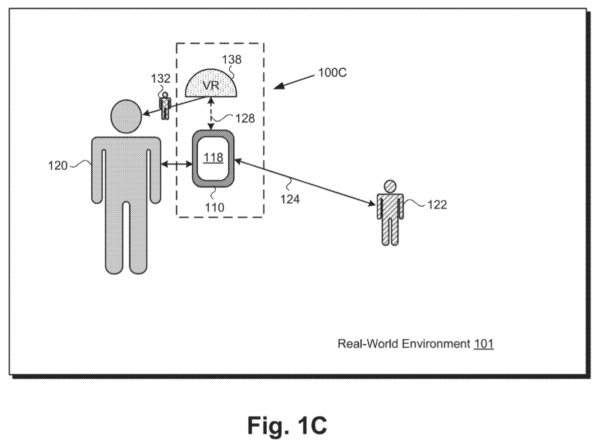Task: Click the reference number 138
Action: pos(231,59)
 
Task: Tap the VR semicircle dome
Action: pos(211,84)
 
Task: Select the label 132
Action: pos(160,78)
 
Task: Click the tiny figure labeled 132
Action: pos(165,106)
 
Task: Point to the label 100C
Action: pos(332,73)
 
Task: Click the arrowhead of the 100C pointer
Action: pos(278,86)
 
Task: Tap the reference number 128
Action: pos(245,118)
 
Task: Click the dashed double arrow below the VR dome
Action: pos(211,114)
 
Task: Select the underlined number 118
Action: pos(213,157)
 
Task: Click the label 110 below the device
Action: pos(215,207)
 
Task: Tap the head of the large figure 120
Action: pos(126,116)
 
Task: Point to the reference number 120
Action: pos(58,165)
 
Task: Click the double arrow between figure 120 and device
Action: pos(176,163)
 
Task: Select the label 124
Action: pos(290,199)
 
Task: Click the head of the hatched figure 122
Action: pos(390,186)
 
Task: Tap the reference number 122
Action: pos(438,205)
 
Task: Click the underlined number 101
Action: pos(484,344)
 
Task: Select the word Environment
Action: pos(436,344)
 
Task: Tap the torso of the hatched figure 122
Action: pos(390,206)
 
